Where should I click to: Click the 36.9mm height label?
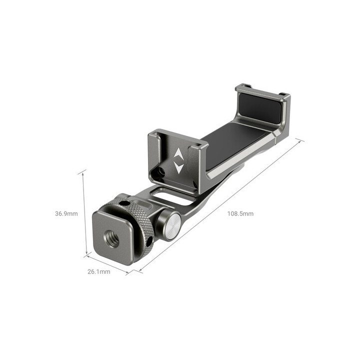(66, 213)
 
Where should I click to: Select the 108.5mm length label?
(240, 213)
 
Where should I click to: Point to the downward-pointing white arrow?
(178, 168)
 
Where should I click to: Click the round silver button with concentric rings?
(171, 224)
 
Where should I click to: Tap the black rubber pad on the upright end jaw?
(262, 109)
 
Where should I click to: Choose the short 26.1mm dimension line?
(107, 264)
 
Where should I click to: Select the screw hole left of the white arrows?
(161, 172)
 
